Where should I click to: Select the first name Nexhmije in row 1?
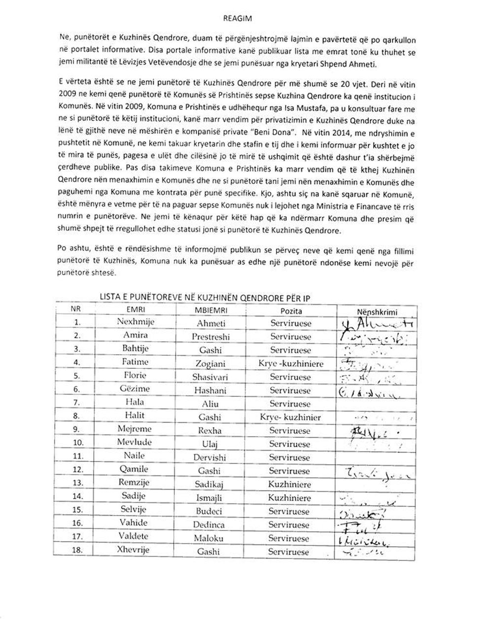[136, 322]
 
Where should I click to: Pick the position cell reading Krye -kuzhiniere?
[291, 364]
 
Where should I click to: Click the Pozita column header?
[291, 311]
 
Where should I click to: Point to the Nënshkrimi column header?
[377, 312]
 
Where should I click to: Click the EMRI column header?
[136, 310]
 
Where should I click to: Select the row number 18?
[77, 551]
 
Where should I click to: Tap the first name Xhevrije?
[134, 550]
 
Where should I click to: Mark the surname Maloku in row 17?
[208, 539]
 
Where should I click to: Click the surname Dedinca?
[209, 525]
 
